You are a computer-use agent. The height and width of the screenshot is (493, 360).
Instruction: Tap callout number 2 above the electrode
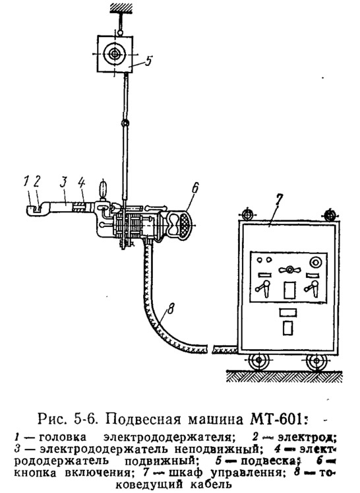point(37,182)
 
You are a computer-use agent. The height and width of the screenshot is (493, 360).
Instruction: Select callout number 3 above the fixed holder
point(64,182)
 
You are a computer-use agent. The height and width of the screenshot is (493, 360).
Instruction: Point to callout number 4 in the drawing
point(81,183)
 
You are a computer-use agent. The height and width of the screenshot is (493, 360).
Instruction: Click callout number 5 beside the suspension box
point(148,61)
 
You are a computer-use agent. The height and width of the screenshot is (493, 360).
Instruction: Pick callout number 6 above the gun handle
point(195,188)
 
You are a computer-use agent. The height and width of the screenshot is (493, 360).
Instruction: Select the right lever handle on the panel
point(312,287)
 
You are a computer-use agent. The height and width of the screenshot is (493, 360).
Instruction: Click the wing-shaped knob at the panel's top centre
point(289,269)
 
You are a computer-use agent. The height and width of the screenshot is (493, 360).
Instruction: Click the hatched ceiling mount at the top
point(120,7)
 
